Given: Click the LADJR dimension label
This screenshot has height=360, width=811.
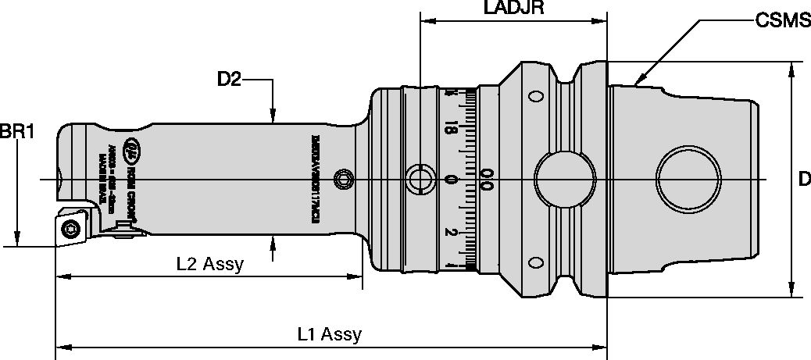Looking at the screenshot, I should tap(513, 9).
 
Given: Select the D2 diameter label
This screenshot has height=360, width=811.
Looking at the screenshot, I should tap(230, 78).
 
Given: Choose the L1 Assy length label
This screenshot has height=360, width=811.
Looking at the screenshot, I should tap(330, 335).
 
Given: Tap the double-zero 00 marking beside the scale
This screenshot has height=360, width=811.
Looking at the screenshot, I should tap(487, 180).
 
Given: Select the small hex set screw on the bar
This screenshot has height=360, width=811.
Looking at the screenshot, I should tap(341, 180).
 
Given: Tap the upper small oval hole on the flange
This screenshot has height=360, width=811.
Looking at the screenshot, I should tap(536, 97).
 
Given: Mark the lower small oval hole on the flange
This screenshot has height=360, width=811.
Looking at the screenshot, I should tap(536, 261).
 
